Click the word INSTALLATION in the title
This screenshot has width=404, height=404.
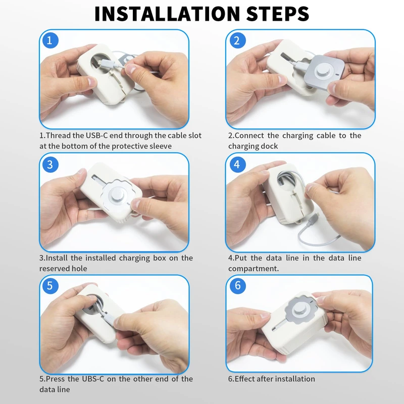click(x=167, y=14)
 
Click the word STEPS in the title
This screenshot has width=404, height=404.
click(x=278, y=14)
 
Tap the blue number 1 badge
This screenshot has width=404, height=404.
click(x=49, y=40)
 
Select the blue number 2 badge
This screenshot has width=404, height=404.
click(x=236, y=40)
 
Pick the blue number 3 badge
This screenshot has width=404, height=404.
click(x=50, y=165)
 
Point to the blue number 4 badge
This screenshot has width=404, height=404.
click(x=236, y=164)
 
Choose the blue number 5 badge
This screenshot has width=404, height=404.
click(x=50, y=285)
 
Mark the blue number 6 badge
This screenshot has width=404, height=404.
click(x=237, y=285)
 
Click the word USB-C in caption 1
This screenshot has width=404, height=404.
click(x=96, y=135)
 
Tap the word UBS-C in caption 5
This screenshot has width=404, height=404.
click(x=93, y=379)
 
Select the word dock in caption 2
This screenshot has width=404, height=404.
click(x=269, y=146)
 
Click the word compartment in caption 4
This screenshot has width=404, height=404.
click(x=254, y=269)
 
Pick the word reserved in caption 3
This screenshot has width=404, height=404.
click(x=55, y=269)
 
